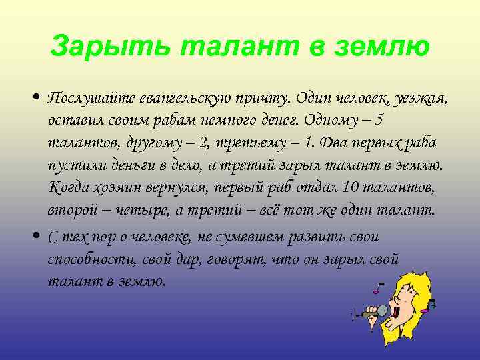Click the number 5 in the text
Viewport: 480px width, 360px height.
379,122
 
